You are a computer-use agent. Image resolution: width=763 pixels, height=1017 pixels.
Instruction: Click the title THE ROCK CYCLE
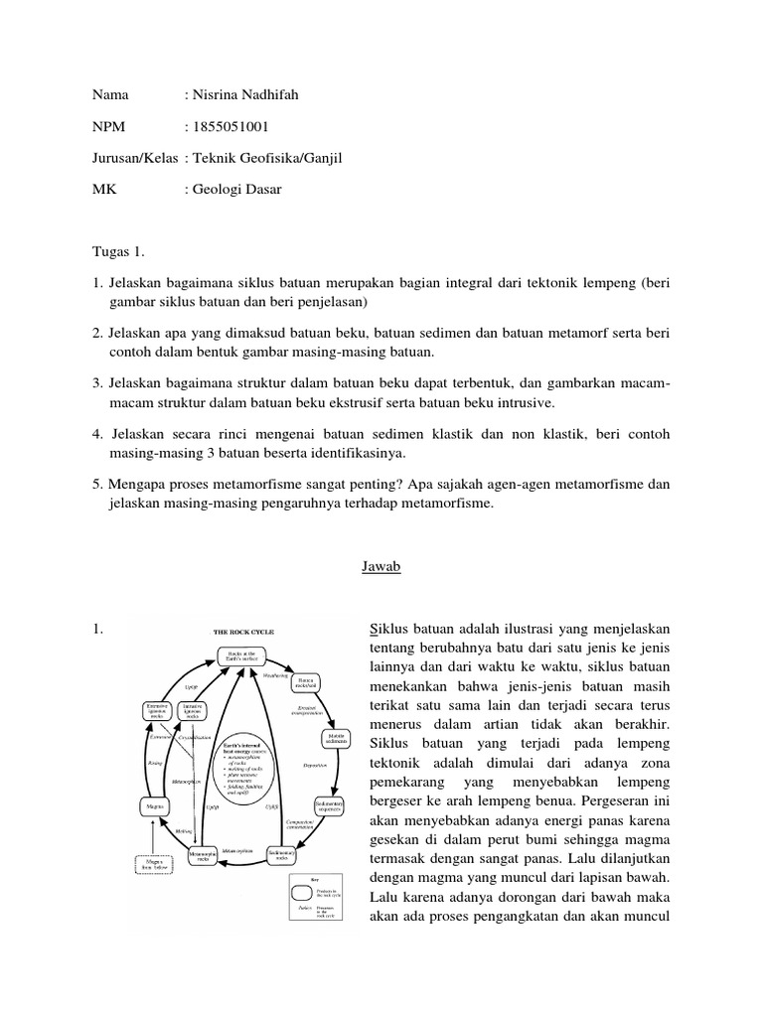point(243,631)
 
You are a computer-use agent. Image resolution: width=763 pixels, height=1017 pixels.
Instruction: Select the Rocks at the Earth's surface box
point(244,655)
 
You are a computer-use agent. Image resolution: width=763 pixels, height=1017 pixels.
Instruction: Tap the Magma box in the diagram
point(153,807)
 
